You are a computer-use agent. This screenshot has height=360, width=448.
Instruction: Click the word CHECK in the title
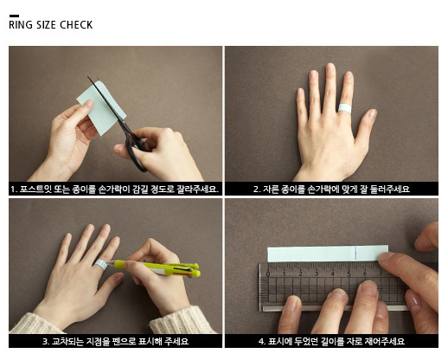(x=76, y=25)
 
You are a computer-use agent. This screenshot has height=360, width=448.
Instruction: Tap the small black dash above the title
(x=14, y=16)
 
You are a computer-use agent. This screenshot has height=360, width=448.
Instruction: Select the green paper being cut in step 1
(x=101, y=108)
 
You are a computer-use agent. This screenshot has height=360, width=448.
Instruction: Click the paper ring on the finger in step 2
(x=345, y=108)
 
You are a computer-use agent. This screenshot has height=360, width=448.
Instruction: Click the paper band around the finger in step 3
(x=101, y=265)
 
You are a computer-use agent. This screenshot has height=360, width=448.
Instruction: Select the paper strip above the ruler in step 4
(x=328, y=254)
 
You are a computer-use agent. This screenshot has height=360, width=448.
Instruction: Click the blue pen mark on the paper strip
(x=356, y=254)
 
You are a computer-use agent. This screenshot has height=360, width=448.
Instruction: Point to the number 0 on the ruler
(x=268, y=274)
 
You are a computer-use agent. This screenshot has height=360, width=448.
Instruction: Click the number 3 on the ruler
(x=317, y=273)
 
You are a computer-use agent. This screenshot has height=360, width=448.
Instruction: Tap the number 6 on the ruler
(x=365, y=273)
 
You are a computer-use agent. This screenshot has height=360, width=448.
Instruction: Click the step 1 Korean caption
(x=115, y=190)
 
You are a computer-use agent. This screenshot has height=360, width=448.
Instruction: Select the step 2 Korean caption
(x=331, y=190)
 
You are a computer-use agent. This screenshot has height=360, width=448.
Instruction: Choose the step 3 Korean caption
(x=115, y=342)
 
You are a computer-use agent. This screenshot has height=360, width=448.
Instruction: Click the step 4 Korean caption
(x=331, y=342)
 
